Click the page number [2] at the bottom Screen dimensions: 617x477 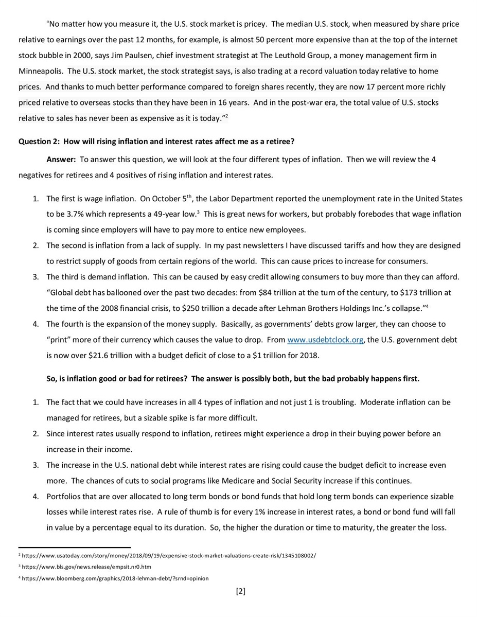[240, 591]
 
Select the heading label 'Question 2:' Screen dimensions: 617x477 [39, 142]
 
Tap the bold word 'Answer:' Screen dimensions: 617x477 [61, 160]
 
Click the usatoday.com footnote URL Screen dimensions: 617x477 [169, 556]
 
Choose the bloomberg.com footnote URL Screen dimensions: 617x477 [115, 578]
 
